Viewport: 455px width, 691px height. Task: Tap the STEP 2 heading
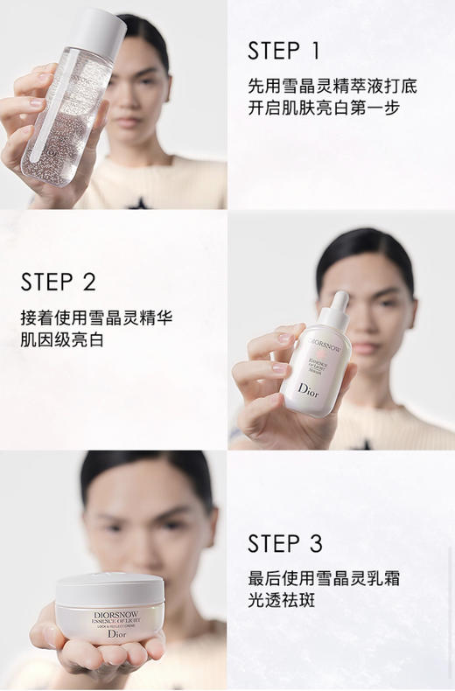coord(58,282)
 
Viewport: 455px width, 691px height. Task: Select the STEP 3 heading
coord(285,544)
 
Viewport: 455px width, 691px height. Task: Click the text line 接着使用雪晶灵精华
coord(96,318)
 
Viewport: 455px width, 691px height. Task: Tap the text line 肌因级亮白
coord(61,340)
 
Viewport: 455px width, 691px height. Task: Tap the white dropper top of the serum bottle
coord(338,307)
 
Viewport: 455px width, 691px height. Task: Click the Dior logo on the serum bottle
coord(309,389)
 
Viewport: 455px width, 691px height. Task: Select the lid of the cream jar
coord(109,583)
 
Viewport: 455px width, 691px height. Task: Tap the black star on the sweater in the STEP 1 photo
coord(136,202)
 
